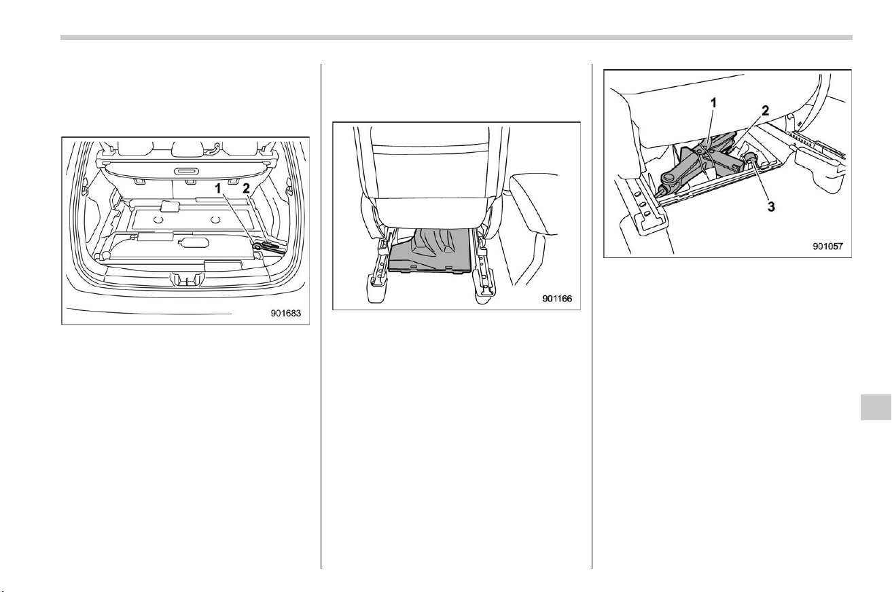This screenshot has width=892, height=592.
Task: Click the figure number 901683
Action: click(285, 313)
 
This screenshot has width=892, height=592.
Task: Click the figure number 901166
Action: click(556, 299)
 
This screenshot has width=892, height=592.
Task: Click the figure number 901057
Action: click(828, 246)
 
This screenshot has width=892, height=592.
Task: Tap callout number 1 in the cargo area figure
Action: click(217, 189)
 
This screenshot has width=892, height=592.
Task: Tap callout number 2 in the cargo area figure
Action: click(246, 189)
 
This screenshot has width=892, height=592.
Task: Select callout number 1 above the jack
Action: click(713, 103)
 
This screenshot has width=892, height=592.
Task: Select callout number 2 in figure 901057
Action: click(765, 111)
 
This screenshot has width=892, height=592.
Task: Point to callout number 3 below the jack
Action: click(771, 207)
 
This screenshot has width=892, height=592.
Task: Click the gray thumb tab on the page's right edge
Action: click(876, 407)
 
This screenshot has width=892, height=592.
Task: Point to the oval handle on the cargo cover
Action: click(187, 172)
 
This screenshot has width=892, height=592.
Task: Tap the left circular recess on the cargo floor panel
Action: click(158, 219)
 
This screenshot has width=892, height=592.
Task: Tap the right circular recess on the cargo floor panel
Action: click(216, 219)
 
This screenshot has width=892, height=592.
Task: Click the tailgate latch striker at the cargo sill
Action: click(186, 279)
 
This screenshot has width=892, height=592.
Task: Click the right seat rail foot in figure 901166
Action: click(486, 290)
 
